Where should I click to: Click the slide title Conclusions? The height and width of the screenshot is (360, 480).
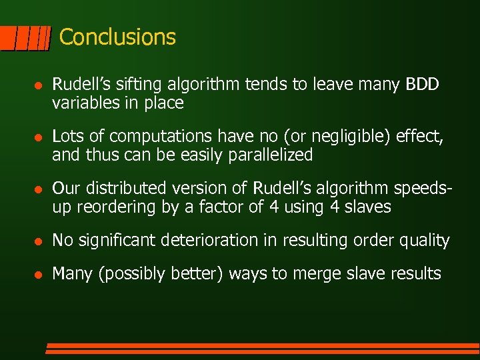[x=117, y=37]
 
